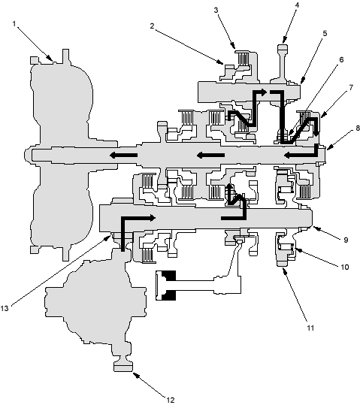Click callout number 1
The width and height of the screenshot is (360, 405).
coord(14,24)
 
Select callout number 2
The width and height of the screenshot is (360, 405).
coord(153,26)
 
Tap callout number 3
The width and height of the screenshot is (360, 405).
coord(216,10)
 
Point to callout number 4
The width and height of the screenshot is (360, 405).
coord(297,5)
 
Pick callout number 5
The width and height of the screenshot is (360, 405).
coord(325,33)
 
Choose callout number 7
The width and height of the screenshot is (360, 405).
coord(351,88)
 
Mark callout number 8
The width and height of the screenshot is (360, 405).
coord(358,128)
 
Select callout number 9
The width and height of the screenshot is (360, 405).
coord(346,240)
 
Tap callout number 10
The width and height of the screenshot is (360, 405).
coord(345,267)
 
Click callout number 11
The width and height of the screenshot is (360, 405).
coord(310,328)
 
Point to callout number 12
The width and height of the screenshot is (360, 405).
coord(171,400)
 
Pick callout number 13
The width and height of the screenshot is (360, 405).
coord(5,308)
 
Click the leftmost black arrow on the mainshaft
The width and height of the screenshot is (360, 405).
coord(123,155)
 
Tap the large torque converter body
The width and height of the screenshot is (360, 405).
coord(62,154)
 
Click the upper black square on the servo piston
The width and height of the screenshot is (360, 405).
coord(169,276)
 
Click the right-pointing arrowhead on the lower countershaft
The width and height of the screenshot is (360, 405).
coord(153,217)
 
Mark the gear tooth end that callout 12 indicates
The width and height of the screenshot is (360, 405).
coord(123,367)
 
